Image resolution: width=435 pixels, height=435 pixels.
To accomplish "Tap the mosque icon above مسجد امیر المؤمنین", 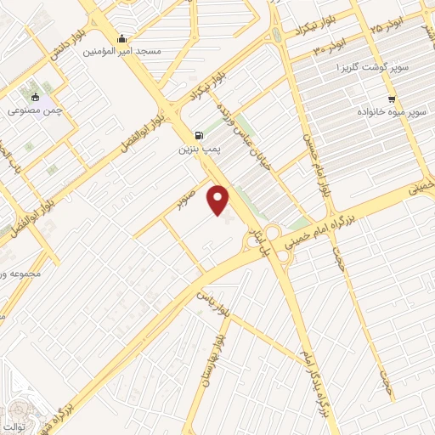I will tap(124, 38).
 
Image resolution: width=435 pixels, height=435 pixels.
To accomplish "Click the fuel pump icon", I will tap(199, 134).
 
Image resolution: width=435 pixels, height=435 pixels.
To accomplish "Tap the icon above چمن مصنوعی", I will tap(35, 97).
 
